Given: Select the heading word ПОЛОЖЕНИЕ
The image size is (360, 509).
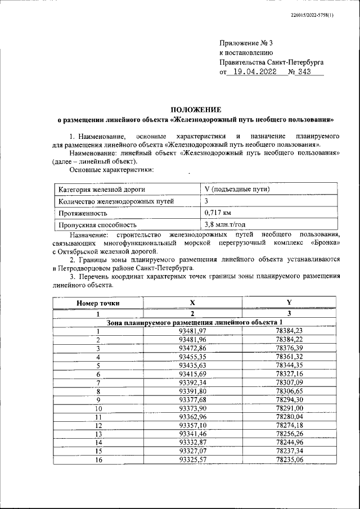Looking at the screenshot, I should coord(196,109).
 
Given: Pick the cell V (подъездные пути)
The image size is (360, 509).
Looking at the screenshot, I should coord(237,189).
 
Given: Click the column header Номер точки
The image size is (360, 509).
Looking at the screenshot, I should coord(98,303).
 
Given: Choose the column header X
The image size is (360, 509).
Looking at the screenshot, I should coord(192,303).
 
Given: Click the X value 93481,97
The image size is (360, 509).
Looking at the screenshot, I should coord(192,331).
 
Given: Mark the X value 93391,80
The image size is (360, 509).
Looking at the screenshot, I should coord(192,391).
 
